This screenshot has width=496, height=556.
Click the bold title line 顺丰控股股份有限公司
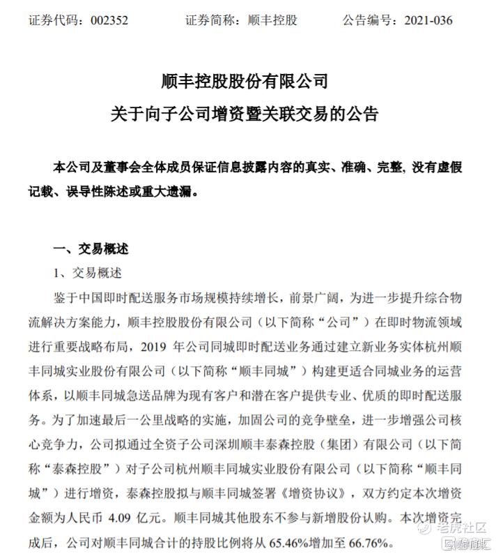pos(248,82)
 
